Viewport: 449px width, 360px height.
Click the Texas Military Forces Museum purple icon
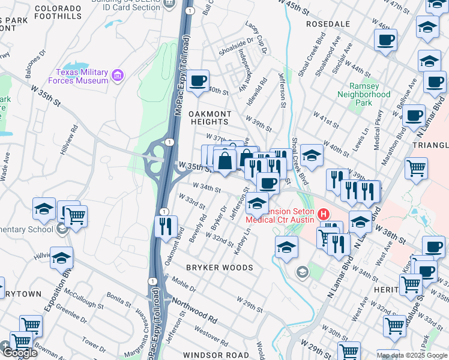(118, 76)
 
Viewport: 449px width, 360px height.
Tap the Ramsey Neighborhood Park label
(364, 94)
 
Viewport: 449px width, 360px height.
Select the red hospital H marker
(324, 214)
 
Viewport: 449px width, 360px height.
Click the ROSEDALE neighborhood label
(328, 23)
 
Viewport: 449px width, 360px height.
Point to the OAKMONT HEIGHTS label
(210, 118)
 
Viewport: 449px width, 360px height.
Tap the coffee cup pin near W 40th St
(197, 80)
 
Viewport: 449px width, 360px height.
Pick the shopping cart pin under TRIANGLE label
(417, 169)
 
